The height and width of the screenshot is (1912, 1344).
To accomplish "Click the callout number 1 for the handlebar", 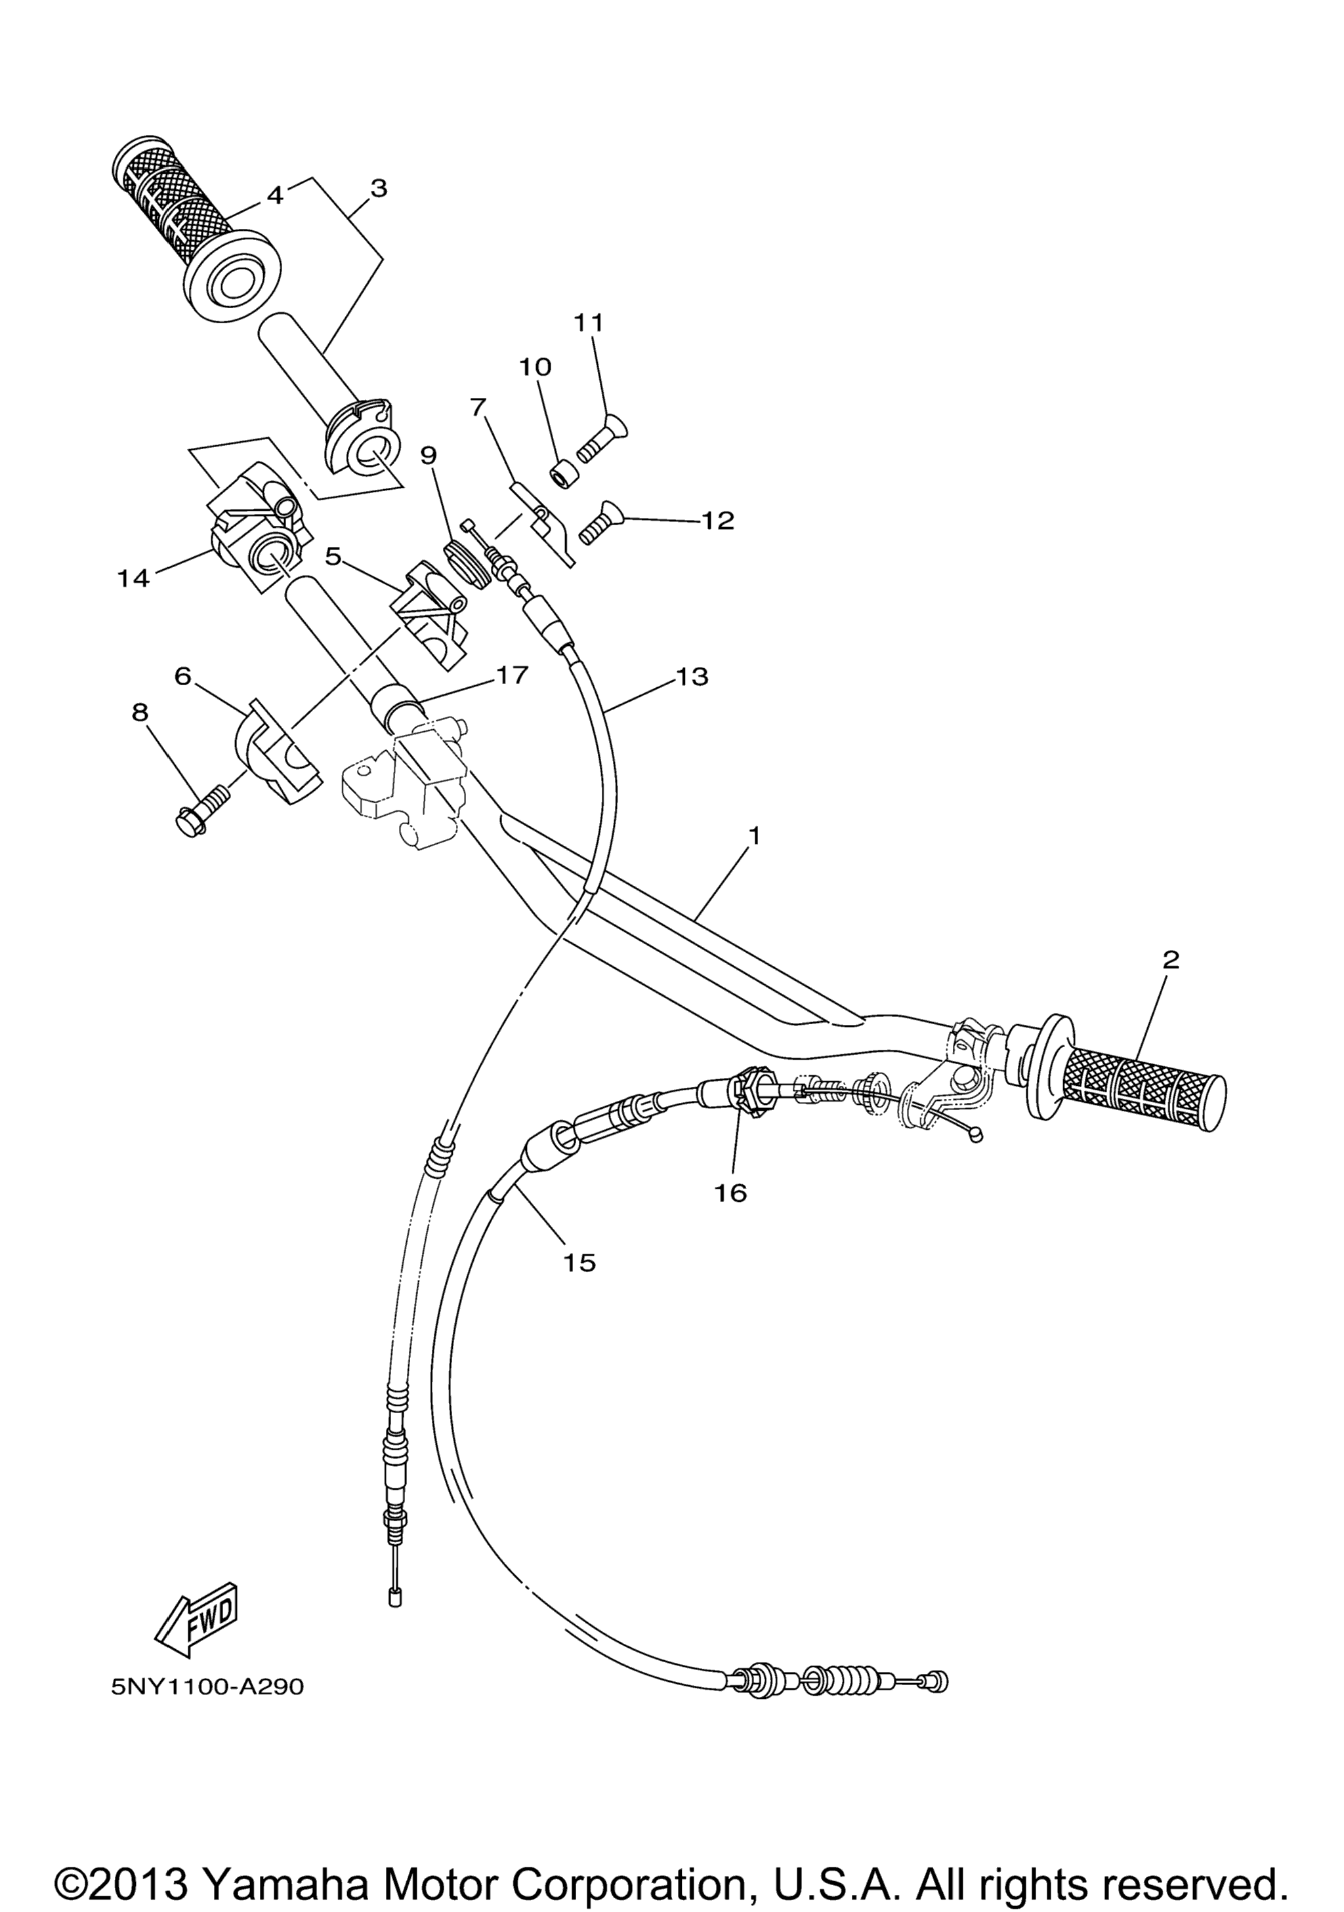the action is [x=753, y=835].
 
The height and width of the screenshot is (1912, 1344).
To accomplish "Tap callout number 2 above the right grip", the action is [x=1171, y=960].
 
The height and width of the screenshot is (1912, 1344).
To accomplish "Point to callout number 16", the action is [x=731, y=1193].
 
